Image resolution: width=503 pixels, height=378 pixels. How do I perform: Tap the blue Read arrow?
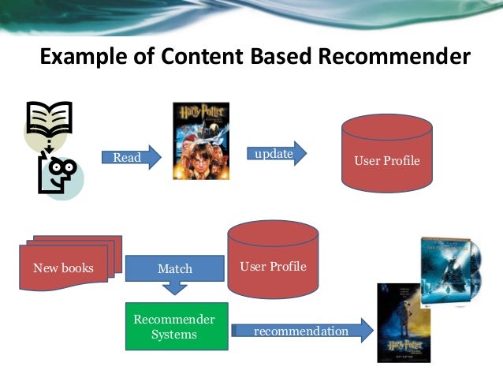[130, 157]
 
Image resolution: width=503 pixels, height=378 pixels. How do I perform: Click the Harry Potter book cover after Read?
[200, 140]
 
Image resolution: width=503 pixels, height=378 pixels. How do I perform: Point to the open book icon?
[49, 118]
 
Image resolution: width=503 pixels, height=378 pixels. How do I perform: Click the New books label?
[63, 268]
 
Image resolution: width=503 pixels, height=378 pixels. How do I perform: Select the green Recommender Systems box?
[176, 327]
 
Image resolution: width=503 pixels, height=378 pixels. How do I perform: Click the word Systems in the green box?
[174, 335]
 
